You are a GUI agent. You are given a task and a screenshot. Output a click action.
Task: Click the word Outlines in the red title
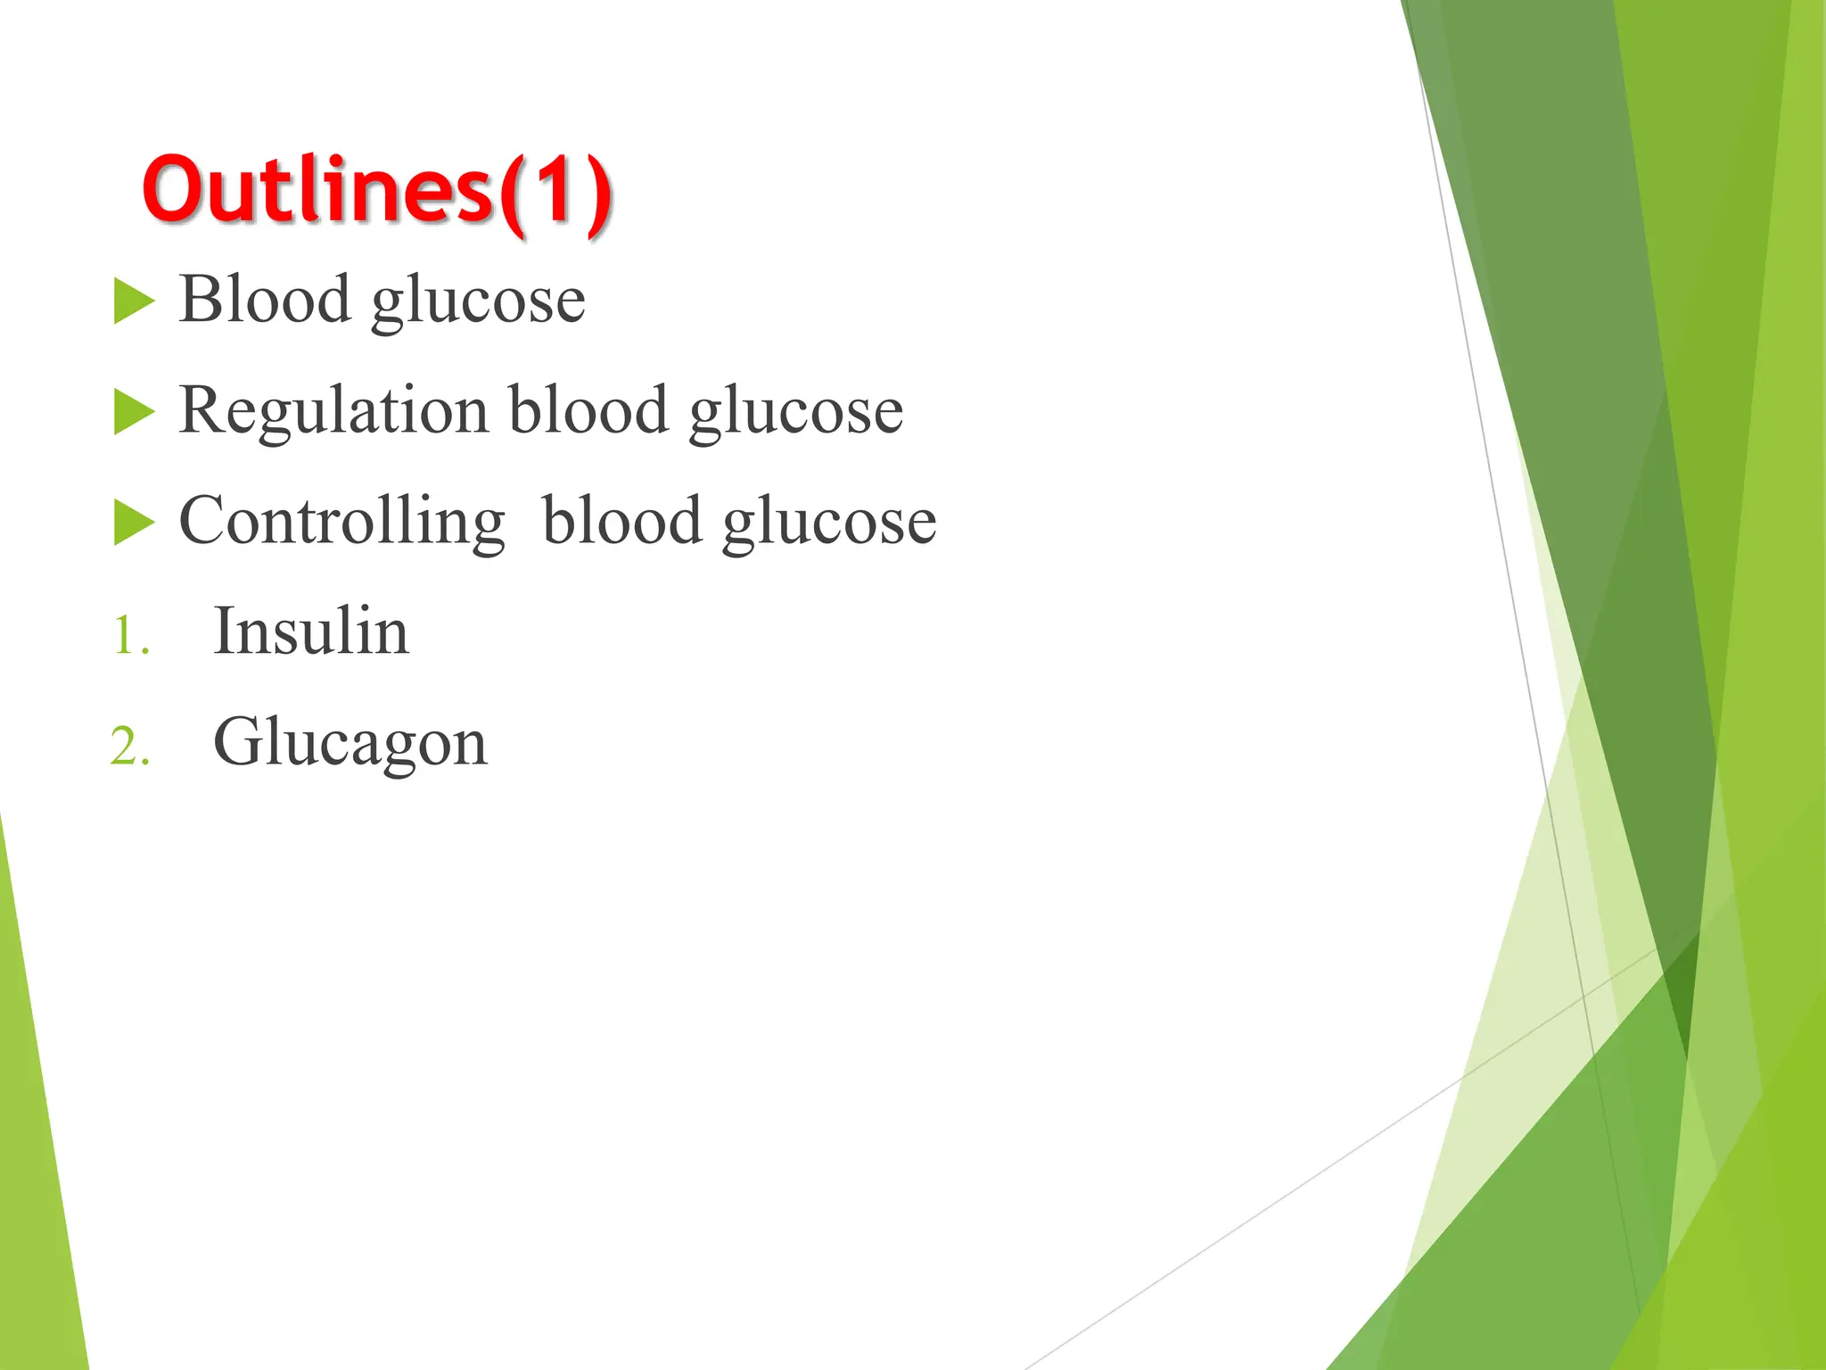(x=317, y=189)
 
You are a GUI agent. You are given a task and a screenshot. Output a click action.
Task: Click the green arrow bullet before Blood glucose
(x=134, y=301)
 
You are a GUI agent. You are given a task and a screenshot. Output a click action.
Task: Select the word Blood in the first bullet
(x=265, y=299)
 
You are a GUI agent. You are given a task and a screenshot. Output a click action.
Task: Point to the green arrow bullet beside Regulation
(x=134, y=412)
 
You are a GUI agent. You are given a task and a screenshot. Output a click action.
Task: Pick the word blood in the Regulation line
(x=588, y=410)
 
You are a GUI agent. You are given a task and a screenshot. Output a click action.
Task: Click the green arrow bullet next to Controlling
(x=134, y=523)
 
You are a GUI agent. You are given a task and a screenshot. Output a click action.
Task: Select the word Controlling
(x=341, y=523)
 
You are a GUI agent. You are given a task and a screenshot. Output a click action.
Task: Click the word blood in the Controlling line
(x=621, y=521)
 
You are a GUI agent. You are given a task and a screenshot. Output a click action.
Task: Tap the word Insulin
(x=311, y=631)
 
